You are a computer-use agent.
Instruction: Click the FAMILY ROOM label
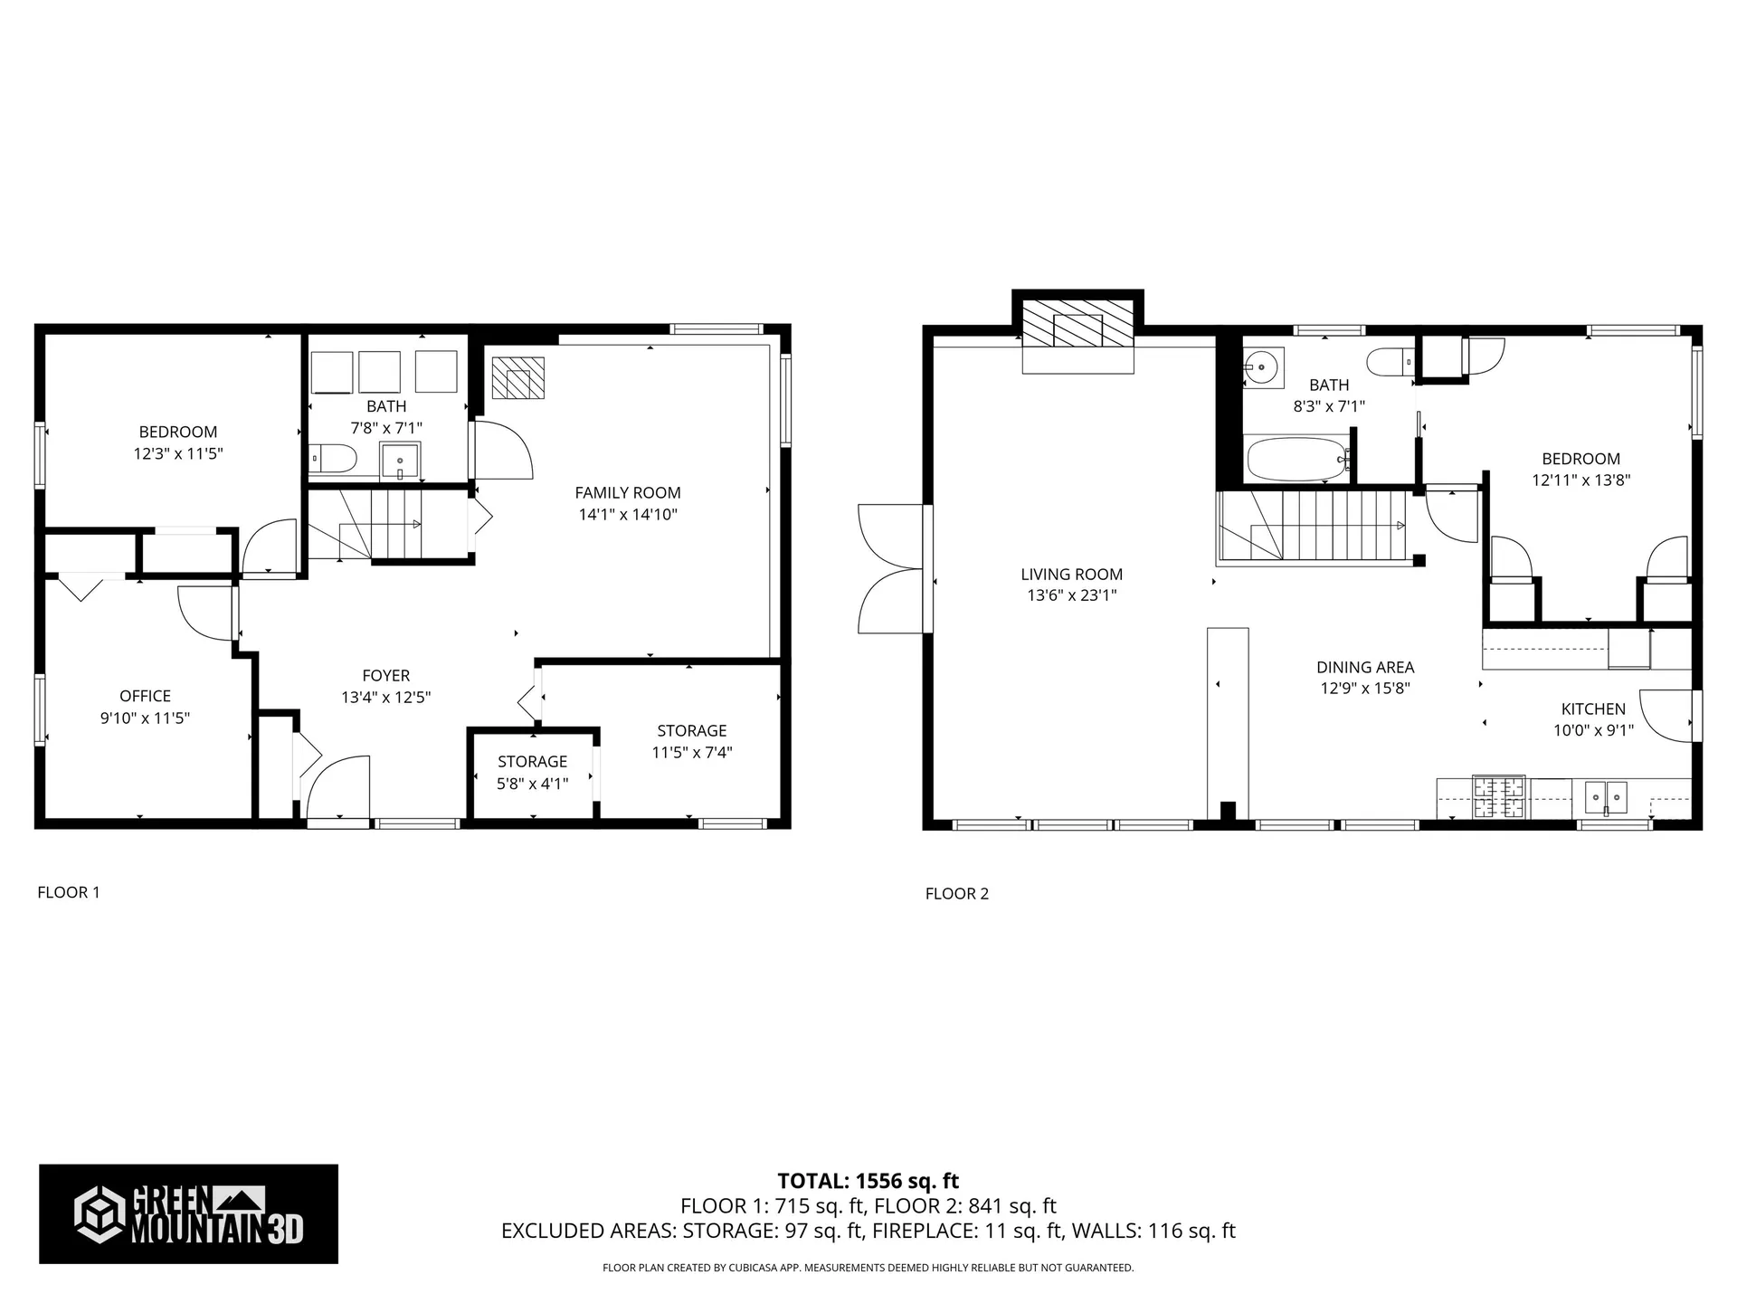pos(627,492)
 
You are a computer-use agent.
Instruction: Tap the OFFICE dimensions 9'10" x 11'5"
pos(145,718)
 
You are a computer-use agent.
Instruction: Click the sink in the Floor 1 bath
pos(399,460)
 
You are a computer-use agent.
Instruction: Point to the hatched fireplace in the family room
pos(518,378)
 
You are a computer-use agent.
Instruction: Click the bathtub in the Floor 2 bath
pos(1295,460)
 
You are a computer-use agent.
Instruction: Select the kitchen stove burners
pos(1498,797)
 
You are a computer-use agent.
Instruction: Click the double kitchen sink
pos(1606,797)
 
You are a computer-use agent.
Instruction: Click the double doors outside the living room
pos(891,568)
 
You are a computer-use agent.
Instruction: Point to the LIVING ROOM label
pos(1071,574)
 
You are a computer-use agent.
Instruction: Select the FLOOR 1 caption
pos(69,892)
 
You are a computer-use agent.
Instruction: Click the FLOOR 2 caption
pos(956,894)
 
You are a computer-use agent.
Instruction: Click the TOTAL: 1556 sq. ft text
pos(868,1181)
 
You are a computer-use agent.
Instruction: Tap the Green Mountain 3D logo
pos(188,1213)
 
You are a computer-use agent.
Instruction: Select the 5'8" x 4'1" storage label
pos(532,784)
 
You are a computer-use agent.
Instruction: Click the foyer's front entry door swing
pos(337,789)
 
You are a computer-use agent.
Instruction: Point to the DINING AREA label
pos(1364,667)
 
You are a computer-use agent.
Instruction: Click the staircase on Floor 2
pos(1312,525)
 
